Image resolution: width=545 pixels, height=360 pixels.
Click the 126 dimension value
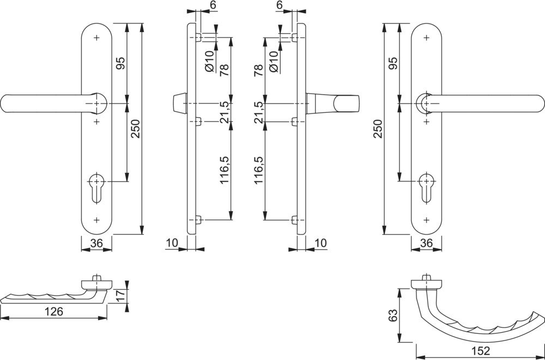coord(55,312)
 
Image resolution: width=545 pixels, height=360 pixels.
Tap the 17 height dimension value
coord(122,296)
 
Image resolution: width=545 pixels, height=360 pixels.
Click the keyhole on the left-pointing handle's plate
coord(97,185)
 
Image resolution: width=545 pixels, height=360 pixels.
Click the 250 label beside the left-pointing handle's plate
coord(136,129)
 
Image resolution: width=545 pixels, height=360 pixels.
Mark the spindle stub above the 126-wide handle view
coord(97,278)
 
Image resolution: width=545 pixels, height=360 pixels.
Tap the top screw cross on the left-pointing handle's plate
coord(97,38)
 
